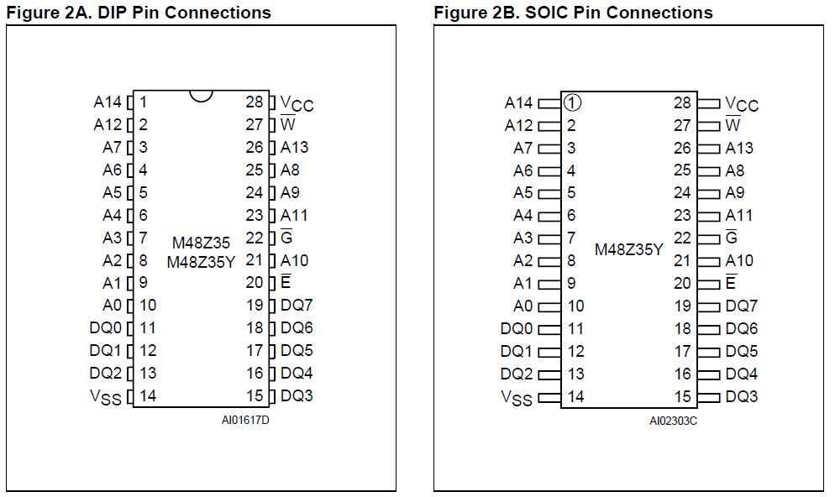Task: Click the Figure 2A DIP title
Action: (139, 12)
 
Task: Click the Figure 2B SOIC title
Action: (573, 12)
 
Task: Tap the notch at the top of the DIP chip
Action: (201, 95)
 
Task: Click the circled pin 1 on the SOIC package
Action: (572, 102)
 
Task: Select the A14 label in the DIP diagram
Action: (108, 102)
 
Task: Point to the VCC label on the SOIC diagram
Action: (742, 104)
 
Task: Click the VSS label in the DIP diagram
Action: (106, 397)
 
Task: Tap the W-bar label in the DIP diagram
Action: (288, 125)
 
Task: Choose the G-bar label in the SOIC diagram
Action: (732, 238)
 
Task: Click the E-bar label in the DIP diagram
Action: (286, 283)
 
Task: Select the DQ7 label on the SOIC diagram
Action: (742, 306)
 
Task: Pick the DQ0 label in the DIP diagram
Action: (106, 328)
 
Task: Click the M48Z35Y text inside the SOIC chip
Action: (629, 249)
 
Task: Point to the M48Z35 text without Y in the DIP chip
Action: (201, 243)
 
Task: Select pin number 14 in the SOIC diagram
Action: (575, 396)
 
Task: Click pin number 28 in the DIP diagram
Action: (255, 102)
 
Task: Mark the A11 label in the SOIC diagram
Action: (739, 215)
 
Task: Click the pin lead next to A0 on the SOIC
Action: (549, 306)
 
